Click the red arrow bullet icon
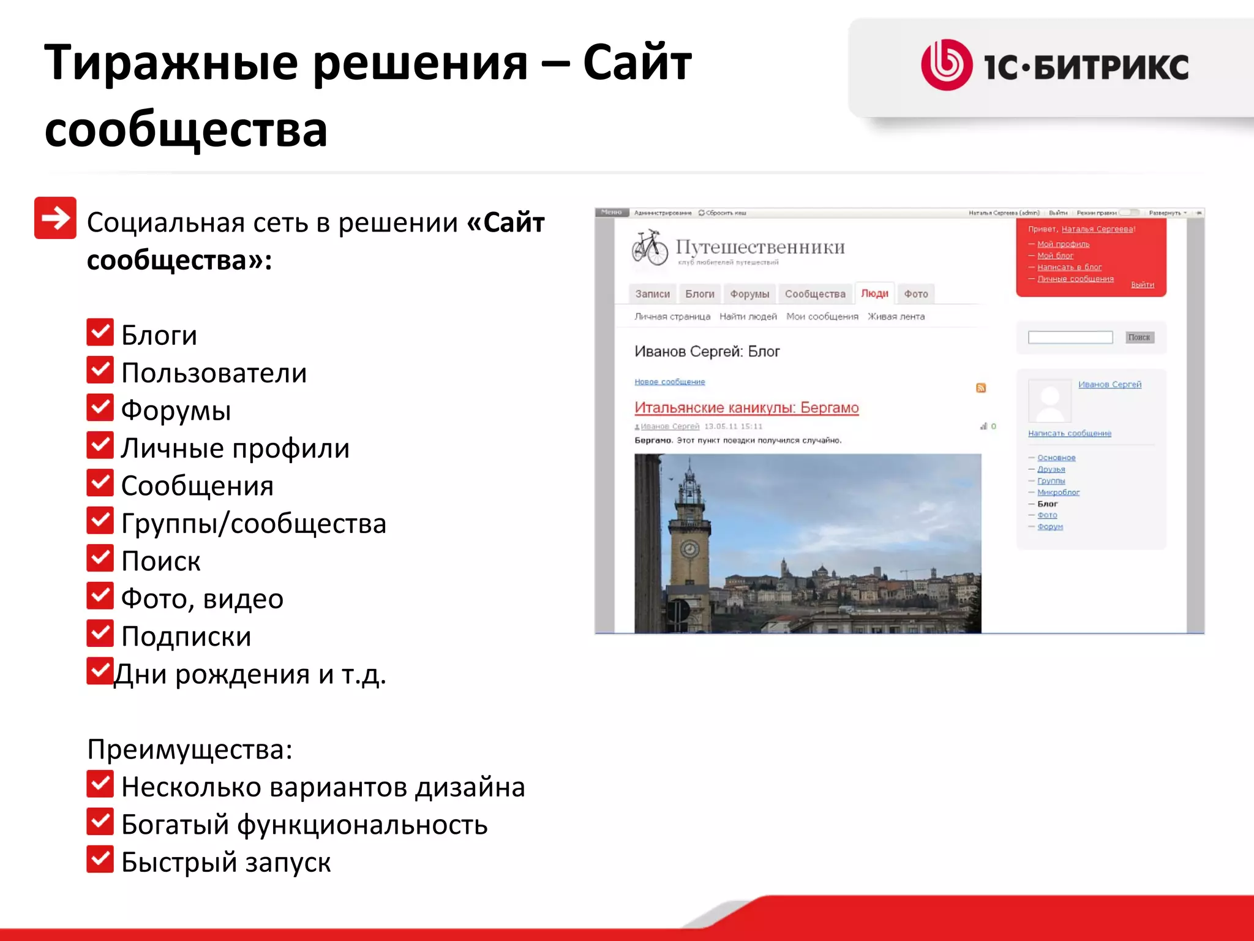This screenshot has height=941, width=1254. [x=55, y=217]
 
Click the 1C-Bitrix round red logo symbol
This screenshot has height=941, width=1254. [x=947, y=65]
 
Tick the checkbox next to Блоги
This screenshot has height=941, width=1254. [x=100, y=332]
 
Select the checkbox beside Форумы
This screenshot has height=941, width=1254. [x=100, y=407]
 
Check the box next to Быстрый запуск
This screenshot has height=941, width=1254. [x=100, y=859]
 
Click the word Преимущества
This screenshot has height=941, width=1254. [x=189, y=749]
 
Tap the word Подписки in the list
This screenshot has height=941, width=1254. [x=186, y=637]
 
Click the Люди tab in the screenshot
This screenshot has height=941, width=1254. [x=874, y=293]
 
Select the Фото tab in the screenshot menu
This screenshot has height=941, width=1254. [x=916, y=294]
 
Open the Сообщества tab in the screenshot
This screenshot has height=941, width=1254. [x=815, y=294]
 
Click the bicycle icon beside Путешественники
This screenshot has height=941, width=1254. [x=650, y=248]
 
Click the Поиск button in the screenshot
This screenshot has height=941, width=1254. [x=1139, y=337]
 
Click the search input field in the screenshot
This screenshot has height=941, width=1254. [x=1070, y=337]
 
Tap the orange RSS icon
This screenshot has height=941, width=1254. [x=981, y=388]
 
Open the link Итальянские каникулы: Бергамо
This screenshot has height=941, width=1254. [x=746, y=408]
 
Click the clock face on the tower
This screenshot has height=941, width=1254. [x=690, y=548]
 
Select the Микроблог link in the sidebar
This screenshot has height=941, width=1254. [x=1058, y=493]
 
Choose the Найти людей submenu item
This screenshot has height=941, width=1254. [x=748, y=317]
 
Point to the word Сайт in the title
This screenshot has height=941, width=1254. [x=637, y=63]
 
